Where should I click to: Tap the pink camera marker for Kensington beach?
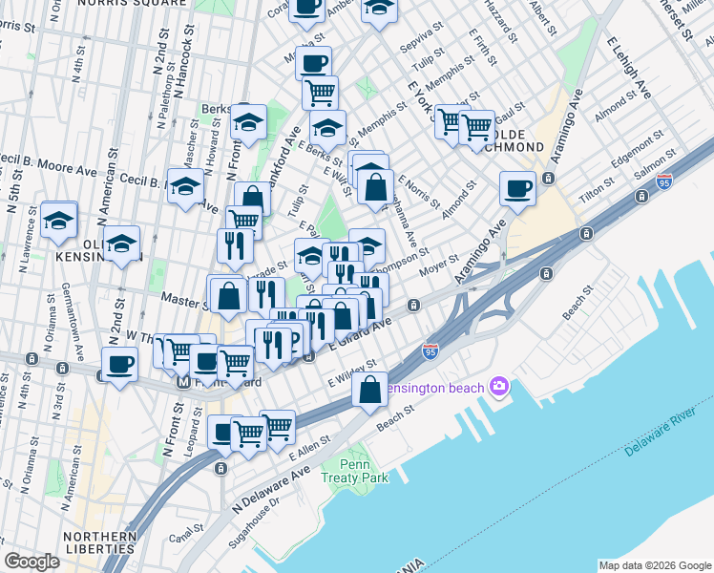[x=497, y=386]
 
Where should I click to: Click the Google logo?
[x=31, y=562]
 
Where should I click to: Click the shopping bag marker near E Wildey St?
[x=369, y=390]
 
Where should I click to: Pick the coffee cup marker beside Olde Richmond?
[x=518, y=187]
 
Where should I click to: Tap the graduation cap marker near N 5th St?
[x=59, y=219]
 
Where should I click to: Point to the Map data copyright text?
[x=653, y=565]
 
